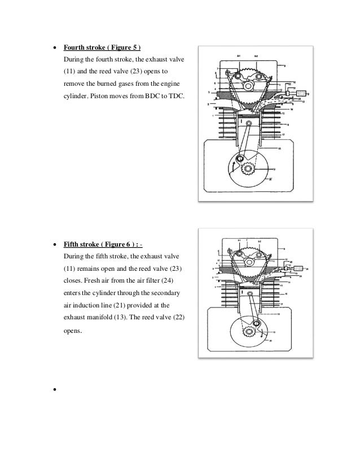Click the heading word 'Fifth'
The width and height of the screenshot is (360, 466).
pos(71,245)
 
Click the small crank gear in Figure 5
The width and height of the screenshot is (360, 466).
pos(247,167)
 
